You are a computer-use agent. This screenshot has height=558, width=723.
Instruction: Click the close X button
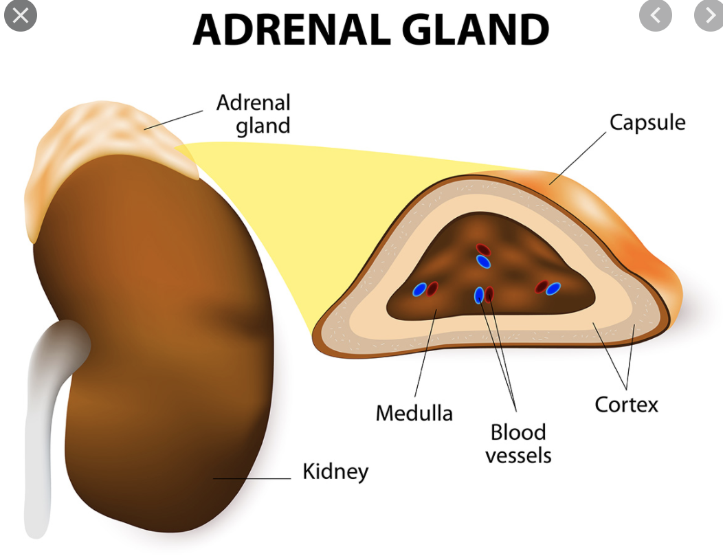coord(21,16)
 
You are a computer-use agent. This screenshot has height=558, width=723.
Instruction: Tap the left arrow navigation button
coord(655,15)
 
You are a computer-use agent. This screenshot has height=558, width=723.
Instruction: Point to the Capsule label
coord(647,123)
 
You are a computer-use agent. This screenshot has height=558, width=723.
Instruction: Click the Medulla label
coord(414,413)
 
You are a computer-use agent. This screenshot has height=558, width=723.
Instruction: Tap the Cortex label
coord(626,404)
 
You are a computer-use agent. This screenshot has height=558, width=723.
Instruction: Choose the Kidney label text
coord(335,472)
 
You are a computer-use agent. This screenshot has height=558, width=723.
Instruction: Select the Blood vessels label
coord(518,443)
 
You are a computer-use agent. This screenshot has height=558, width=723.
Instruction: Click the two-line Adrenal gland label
coord(254,114)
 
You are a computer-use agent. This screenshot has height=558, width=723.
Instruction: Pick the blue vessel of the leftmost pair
coord(419,290)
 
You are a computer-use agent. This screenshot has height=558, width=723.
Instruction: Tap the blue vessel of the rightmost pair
coord(553,289)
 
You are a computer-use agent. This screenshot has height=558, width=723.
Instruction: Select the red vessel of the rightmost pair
coord(542,287)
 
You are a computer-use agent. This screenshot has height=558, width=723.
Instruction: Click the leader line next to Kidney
coord(254,478)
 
